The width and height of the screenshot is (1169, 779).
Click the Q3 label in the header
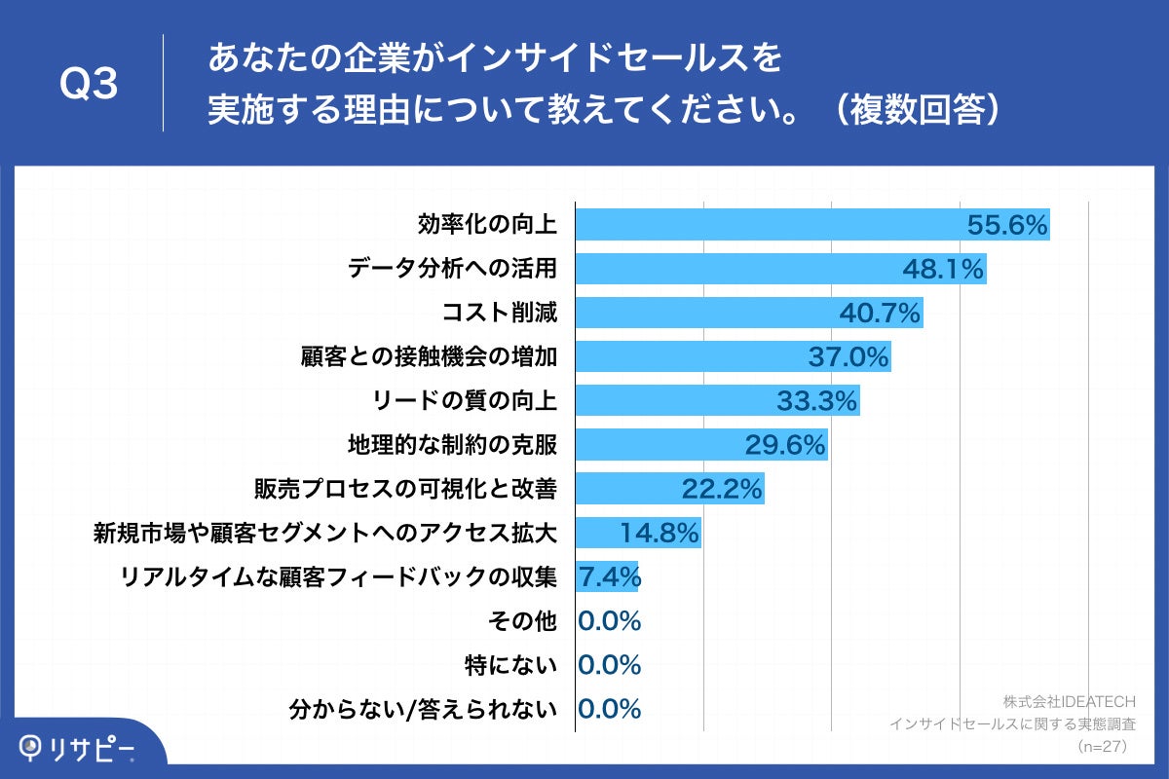[89, 85]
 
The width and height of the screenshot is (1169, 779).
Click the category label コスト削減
[499, 313]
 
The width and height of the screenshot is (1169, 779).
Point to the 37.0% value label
[848, 356]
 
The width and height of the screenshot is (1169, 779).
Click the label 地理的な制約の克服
[452, 445]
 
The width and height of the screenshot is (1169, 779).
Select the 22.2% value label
[722, 489]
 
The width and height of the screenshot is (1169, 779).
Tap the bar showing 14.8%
[638, 533]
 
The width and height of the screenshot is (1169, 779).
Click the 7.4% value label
[609, 576]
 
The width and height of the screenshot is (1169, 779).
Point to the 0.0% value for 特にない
[609, 665]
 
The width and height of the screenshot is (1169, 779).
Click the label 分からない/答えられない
[423, 709]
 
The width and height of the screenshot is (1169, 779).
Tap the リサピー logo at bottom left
[78, 747]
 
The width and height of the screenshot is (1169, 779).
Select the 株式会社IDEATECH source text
[1070, 701]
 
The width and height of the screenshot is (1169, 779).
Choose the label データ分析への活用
[452, 269]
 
